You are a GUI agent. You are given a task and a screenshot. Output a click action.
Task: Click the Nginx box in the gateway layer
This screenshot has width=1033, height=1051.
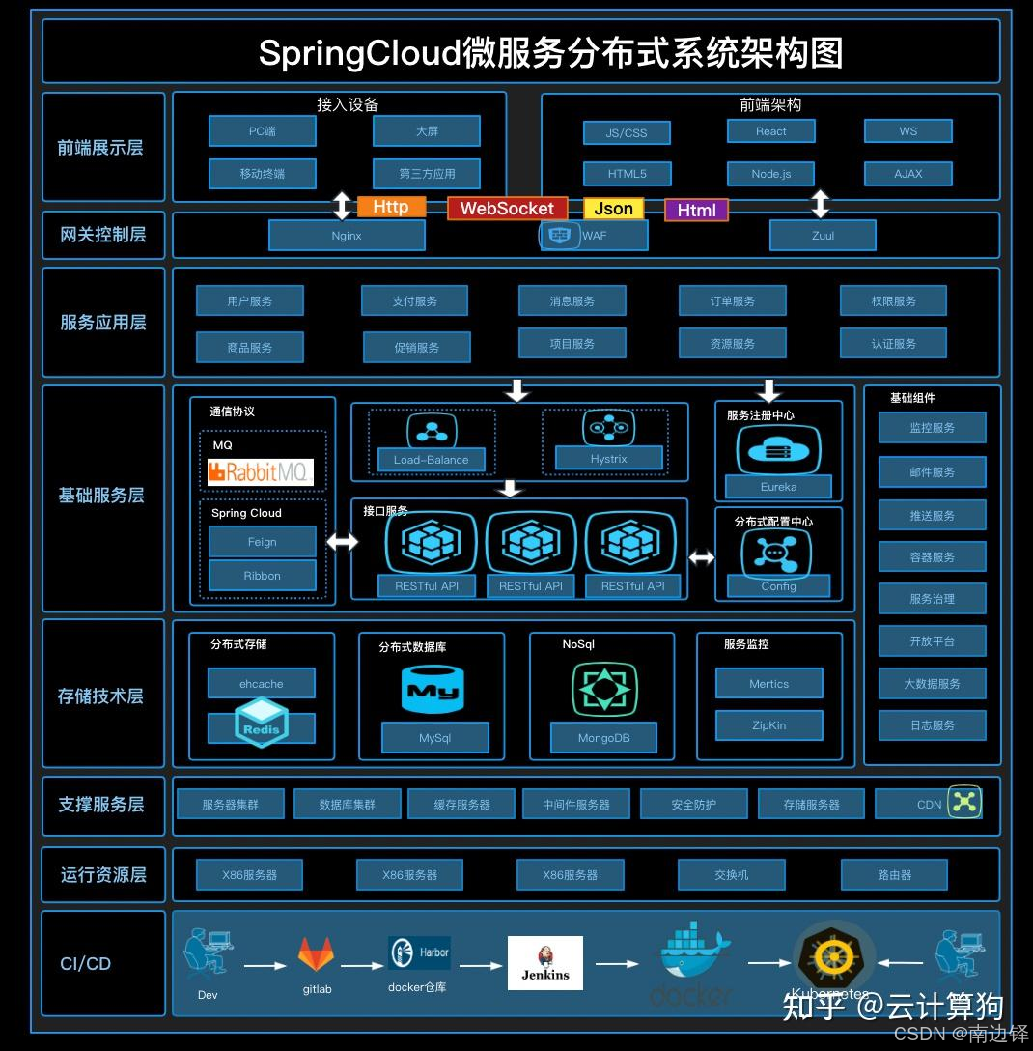(x=347, y=236)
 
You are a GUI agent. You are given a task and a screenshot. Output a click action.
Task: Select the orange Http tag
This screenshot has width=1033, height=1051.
(x=391, y=207)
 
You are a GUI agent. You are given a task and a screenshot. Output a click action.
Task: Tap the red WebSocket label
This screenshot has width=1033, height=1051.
(x=507, y=209)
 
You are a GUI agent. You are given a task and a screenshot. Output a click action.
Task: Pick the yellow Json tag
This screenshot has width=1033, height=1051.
(x=613, y=209)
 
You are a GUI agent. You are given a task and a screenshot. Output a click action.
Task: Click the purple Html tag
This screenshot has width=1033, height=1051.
(x=696, y=211)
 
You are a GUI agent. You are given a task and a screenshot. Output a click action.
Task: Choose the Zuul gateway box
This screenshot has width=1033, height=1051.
(x=823, y=236)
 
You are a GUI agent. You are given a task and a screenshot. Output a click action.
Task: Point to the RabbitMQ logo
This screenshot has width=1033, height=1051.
(x=261, y=472)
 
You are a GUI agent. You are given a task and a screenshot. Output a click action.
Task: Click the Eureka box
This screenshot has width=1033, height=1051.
(x=778, y=487)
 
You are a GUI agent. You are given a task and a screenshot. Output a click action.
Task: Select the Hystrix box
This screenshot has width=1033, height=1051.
(x=608, y=459)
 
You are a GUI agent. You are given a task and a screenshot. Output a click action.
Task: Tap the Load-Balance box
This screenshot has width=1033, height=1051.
(x=431, y=460)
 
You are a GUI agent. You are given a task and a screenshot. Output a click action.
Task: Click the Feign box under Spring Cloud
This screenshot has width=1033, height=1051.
(x=262, y=542)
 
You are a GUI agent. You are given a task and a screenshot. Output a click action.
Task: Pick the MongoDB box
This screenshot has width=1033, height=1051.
(x=603, y=738)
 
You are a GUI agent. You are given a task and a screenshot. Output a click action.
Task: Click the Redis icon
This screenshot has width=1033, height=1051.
(x=261, y=723)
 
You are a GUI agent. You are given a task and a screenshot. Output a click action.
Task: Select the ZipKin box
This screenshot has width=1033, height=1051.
(x=768, y=725)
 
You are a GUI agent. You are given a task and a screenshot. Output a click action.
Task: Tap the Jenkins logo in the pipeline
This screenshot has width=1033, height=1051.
(x=545, y=963)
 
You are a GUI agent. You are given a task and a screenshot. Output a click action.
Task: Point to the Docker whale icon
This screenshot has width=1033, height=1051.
(x=694, y=951)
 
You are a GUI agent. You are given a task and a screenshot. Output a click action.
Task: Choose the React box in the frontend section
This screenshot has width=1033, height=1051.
(x=770, y=131)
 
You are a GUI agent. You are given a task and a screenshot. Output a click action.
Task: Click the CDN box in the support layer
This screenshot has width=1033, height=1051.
(x=929, y=804)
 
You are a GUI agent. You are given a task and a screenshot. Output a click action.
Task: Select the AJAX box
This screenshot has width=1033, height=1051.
(x=907, y=174)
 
